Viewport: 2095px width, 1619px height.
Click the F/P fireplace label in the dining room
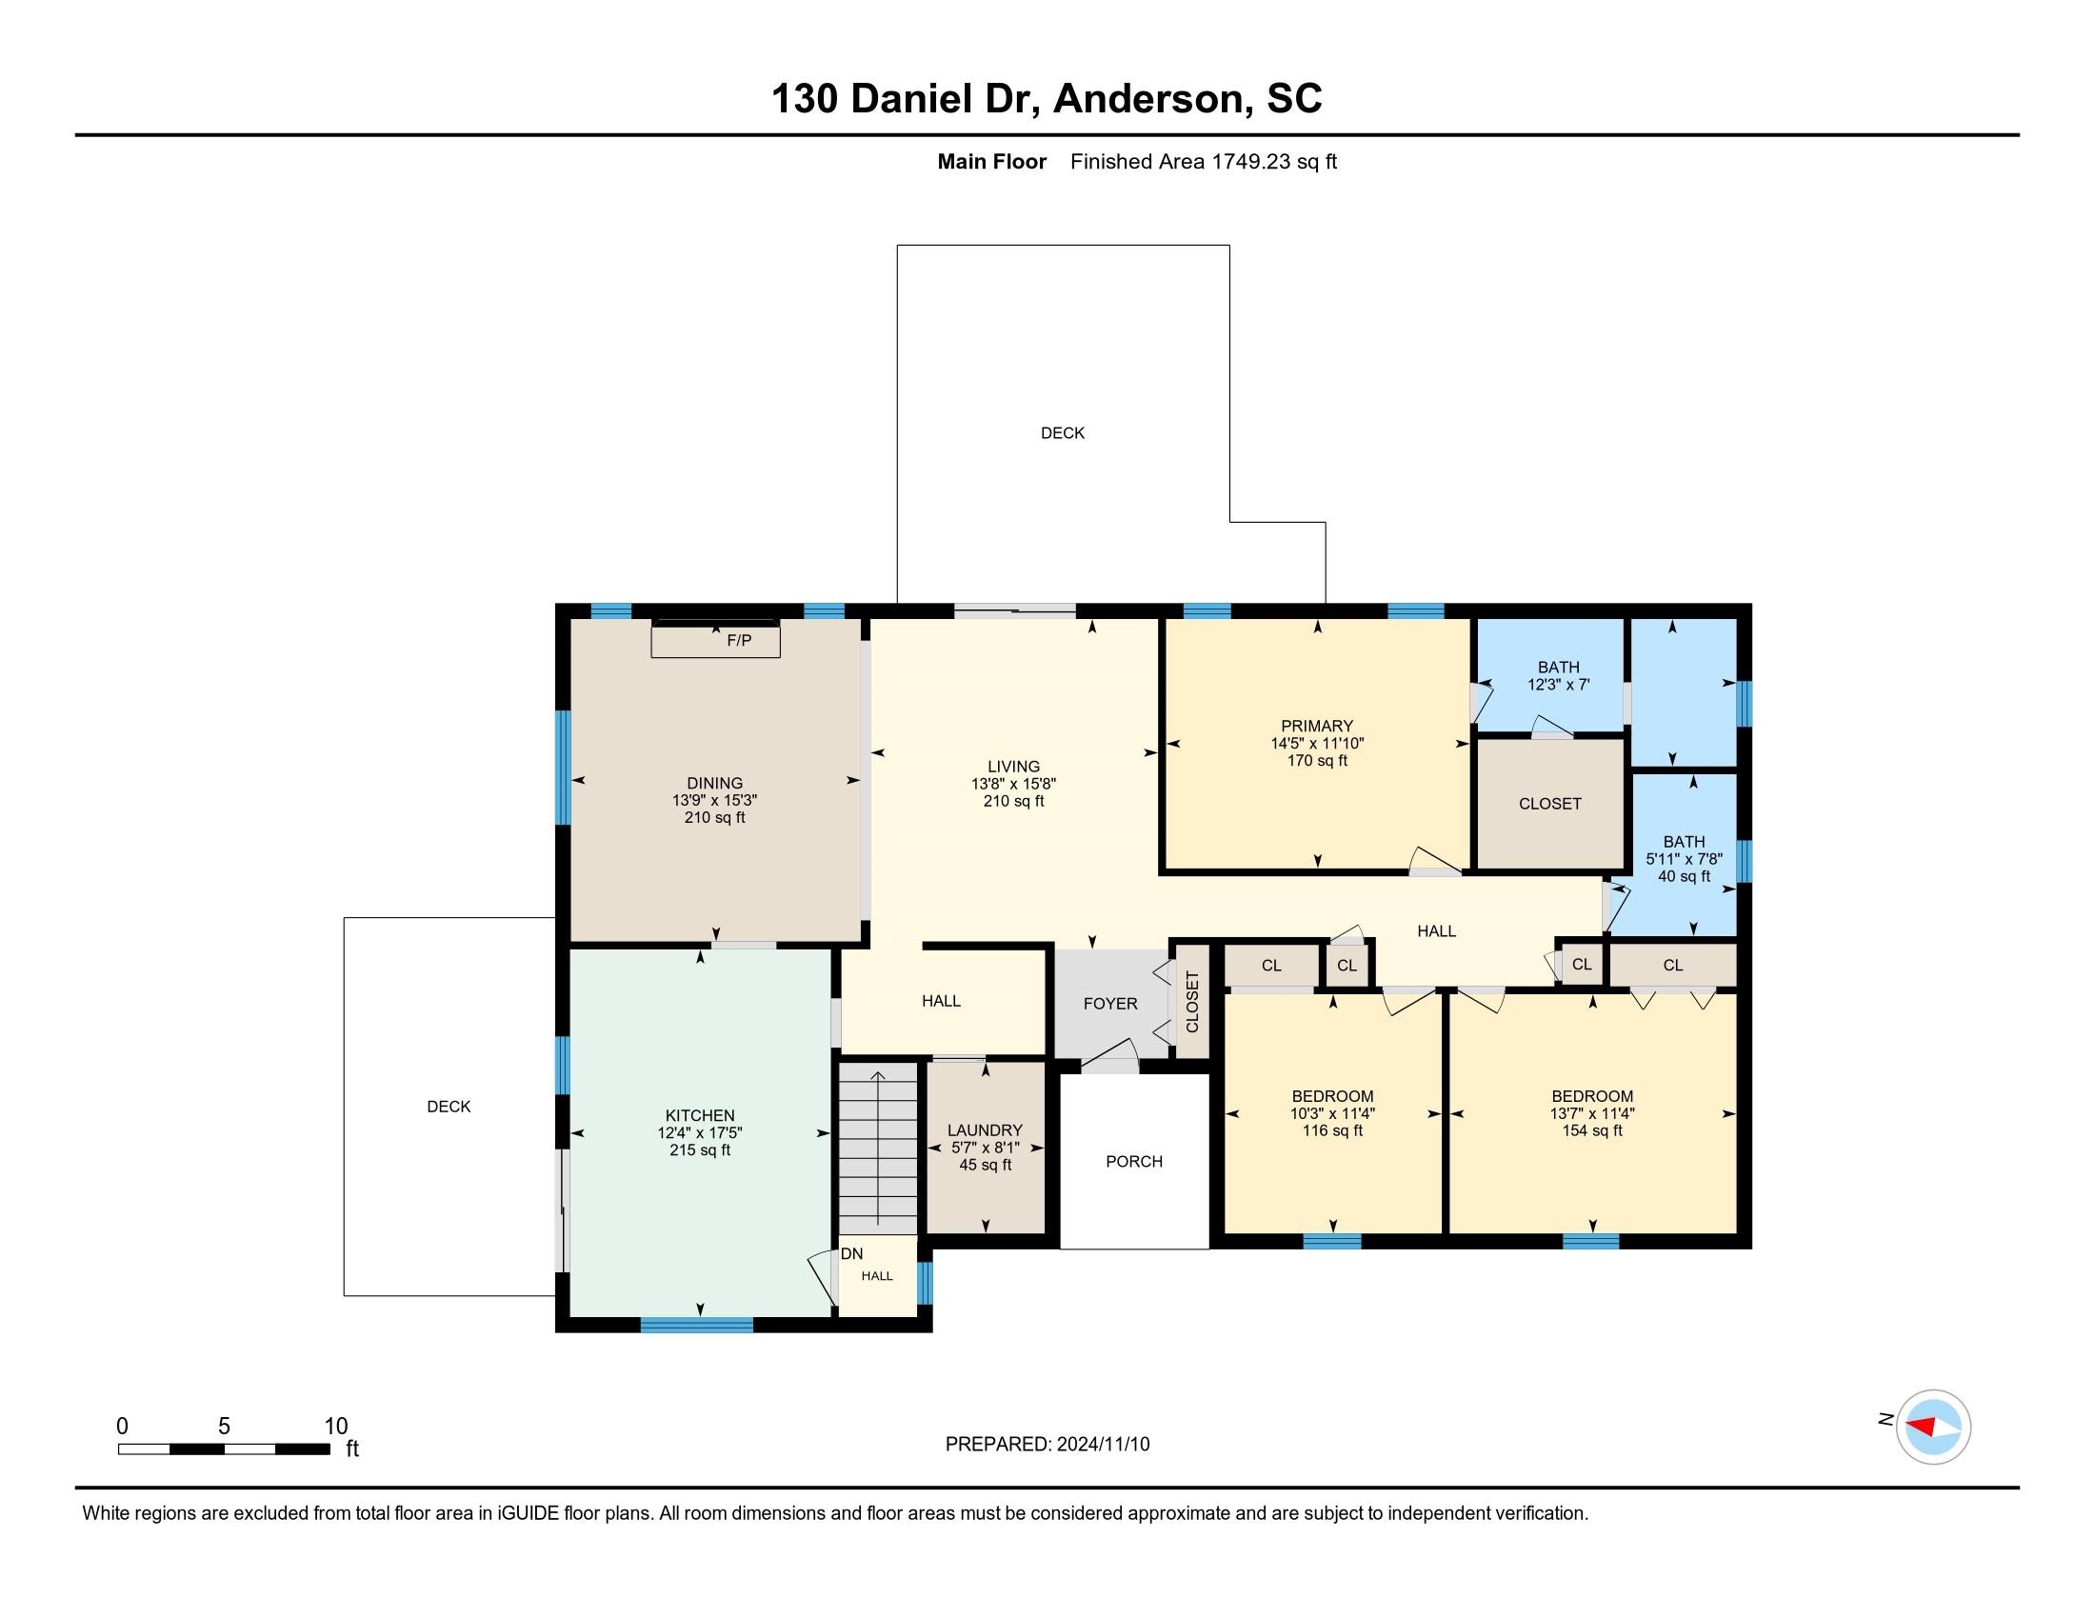(x=739, y=640)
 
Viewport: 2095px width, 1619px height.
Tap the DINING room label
(x=714, y=783)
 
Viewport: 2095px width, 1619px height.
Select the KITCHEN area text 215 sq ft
(x=699, y=1150)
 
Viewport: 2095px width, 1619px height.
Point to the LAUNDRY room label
(x=986, y=1130)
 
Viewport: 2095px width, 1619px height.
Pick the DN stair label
(x=852, y=1253)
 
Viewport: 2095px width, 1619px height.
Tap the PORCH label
(x=1134, y=1162)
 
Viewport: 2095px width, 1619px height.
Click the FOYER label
(x=1109, y=1003)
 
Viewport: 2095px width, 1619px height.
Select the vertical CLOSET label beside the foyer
(x=1192, y=1002)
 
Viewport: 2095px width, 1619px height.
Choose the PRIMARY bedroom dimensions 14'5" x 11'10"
(x=1317, y=744)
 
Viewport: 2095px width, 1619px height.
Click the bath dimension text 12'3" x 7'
(x=1558, y=685)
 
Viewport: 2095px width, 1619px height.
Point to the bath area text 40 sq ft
(x=1684, y=876)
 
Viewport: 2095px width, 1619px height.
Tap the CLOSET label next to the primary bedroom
(x=1549, y=804)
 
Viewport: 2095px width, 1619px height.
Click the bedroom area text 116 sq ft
(x=1331, y=1130)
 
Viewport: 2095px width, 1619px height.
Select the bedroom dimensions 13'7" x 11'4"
(x=1592, y=1113)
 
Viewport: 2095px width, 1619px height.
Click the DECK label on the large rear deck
(x=1063, y=433)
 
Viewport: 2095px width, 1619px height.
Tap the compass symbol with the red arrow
(x=1933, y=1428)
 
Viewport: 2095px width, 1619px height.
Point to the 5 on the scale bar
(x=224, y=1427)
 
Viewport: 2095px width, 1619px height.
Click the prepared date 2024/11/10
(x=1103, y=1445)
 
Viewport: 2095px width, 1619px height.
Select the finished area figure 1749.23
(x=1251, y=162)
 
